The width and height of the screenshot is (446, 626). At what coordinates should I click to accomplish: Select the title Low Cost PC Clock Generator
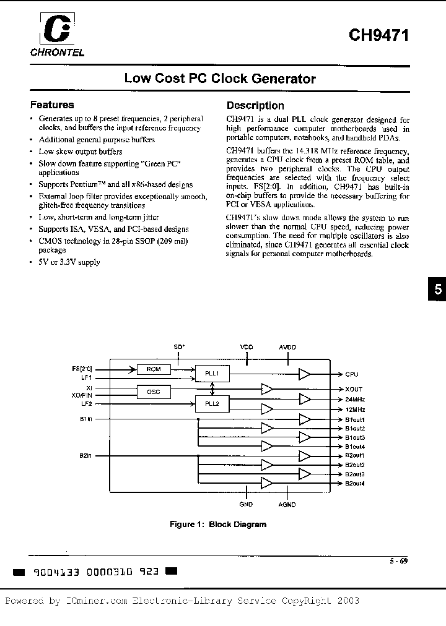coord(220,79)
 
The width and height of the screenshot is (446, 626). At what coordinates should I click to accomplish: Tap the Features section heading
coord(52,105)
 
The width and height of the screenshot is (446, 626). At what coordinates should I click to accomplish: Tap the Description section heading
coord(255,106)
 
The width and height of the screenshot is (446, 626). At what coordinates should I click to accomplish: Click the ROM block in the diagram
coord(154,369)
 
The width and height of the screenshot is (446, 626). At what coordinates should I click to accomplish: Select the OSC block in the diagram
coord(154,391)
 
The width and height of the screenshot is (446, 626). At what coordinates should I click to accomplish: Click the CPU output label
coord(352,374)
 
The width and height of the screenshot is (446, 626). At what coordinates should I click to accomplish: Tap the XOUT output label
coord(354,389)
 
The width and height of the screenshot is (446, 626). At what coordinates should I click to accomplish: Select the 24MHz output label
coord(355,400)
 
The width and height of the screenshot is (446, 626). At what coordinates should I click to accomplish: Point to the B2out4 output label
coord(355,483)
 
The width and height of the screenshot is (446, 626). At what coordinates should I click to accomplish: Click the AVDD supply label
coord(288,348)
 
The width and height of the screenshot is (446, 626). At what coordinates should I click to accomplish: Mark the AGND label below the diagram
coord(287,505)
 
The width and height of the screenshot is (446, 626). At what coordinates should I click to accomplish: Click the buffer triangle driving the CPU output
coord(305,374)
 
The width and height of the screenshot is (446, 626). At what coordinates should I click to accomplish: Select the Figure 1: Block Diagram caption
coord(218,525)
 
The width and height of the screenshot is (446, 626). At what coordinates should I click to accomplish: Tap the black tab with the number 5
coord(437,290)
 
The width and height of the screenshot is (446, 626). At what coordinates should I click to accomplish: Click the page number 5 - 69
coord(398,562)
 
